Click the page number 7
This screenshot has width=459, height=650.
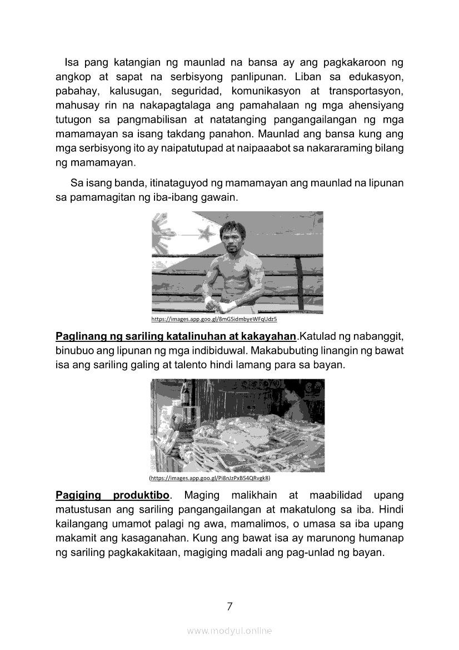[x=229, y=606]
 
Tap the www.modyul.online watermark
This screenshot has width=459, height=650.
[x=229, y=631]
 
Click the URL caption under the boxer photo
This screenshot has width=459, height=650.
[x=214, y=320]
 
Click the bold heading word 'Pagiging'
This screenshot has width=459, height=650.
[x=78, y=495]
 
